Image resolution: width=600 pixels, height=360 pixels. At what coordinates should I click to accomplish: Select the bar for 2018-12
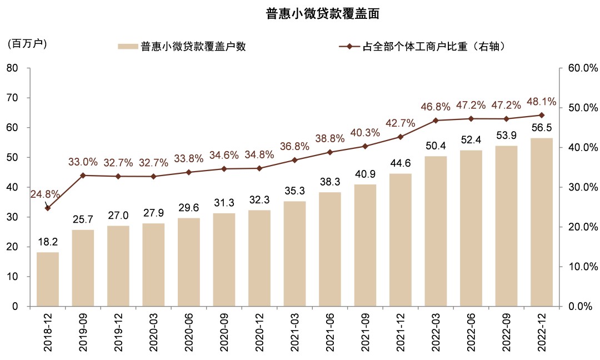coord(48,279)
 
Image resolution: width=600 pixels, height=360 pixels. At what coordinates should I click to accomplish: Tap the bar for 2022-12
coord(542,222)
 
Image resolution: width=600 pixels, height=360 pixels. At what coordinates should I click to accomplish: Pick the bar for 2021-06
coord(330,249)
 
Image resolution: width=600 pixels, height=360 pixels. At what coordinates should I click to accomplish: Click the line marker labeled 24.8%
coord(48,208)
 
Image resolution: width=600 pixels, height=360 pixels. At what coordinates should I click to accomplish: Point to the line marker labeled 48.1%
coord(542,115)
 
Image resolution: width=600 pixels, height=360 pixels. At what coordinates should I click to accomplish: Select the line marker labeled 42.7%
coord(401,137)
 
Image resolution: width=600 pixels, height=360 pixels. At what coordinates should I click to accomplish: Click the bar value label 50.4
coord(436,147)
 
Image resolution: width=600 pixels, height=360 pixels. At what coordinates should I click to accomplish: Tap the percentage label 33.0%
coord(83,162)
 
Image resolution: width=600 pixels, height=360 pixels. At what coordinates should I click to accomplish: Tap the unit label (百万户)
coord(27,44)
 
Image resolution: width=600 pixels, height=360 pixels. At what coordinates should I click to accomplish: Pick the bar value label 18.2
coord(48,243)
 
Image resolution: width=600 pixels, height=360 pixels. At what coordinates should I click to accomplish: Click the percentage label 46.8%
coord(436,106)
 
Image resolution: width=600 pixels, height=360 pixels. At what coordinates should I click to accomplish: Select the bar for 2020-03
coord(154,264)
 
